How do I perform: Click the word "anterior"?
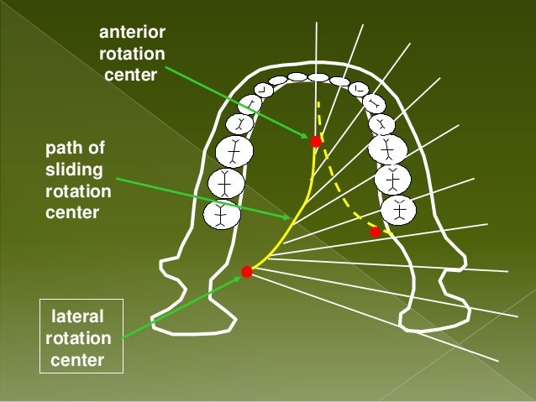(x=132, y=34)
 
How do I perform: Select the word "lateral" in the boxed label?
(x=78, y=317)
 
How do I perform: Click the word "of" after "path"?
(x=97, y=149)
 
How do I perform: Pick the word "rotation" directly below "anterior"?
(x=132, y=55)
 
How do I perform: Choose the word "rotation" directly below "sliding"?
(x=77, y=192)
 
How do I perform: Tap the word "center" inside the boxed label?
(x=78, y=362)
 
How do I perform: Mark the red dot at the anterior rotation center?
(x=316, y=141)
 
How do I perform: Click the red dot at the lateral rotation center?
(x=247, y=271)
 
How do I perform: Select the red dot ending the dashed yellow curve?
(x=375, y=232)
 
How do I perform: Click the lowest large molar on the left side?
(x=222, y=213)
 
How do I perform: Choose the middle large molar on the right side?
(x=392, y=177)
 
